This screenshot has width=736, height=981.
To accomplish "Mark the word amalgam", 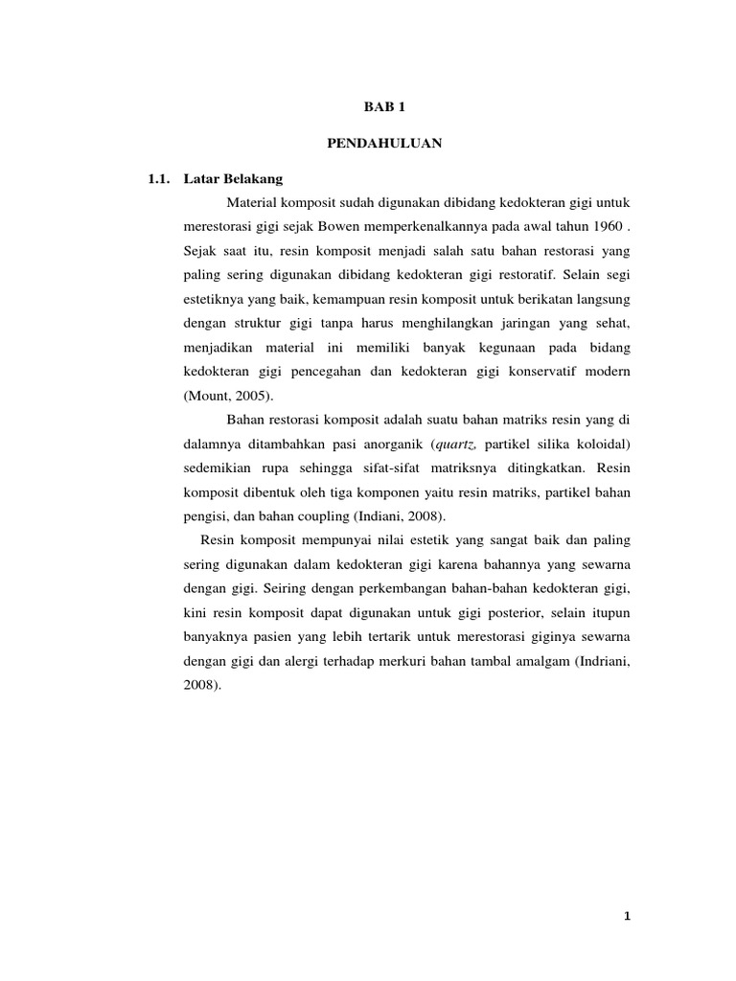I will coord(535,661).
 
